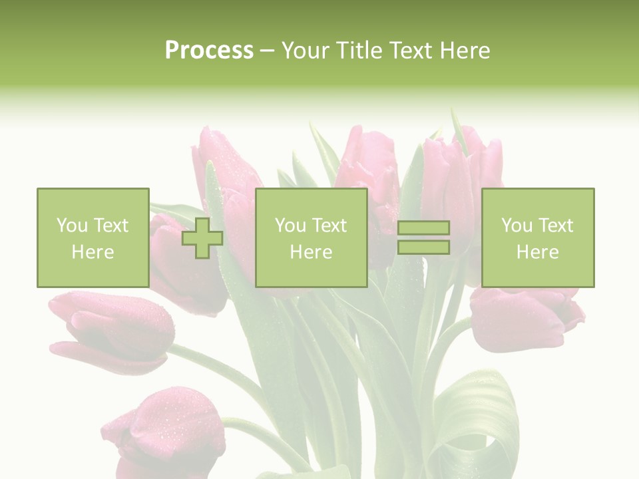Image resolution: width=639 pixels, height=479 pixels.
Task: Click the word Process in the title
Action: [209, 51]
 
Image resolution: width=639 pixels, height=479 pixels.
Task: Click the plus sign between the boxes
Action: [202, 238]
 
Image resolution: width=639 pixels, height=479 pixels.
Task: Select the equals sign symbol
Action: [423, 238]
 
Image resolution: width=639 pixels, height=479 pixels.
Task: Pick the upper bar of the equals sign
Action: [423, 228]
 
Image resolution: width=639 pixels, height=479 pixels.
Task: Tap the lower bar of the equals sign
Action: [423, 247]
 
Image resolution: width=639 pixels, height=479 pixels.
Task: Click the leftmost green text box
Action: [93, 238]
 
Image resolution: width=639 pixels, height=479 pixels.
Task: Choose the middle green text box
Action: [311, 238]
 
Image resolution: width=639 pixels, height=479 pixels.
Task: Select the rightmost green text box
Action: [537, 238]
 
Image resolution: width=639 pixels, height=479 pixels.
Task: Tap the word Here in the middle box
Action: [311, 252]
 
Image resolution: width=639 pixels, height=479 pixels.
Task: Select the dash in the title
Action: [268, 51]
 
